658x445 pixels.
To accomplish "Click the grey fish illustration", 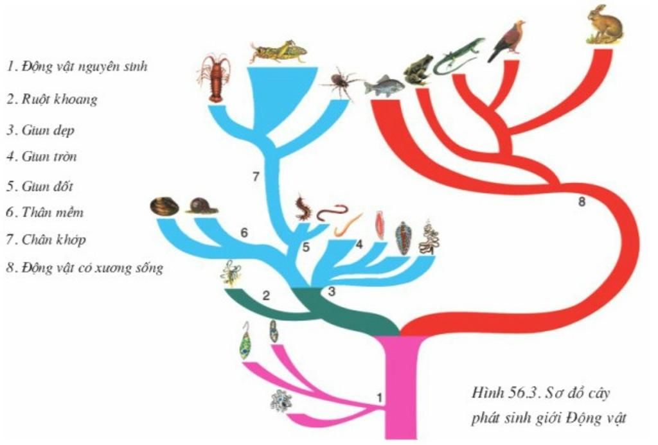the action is (384, 86).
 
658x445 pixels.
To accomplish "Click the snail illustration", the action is (202, 206).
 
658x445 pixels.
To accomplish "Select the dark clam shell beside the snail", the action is (164, 207).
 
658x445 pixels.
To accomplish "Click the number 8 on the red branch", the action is (581, 202).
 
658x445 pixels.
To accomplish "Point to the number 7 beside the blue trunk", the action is (256, 177).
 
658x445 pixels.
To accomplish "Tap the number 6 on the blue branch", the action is (244, 232).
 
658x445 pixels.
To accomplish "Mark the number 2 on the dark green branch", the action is (266, 295).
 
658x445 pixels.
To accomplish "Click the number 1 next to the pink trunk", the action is (379, 397).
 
